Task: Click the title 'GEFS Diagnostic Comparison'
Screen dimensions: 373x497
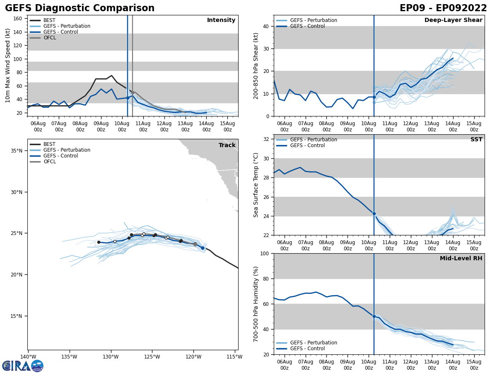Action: tap(80, 8)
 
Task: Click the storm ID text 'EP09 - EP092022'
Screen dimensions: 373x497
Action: tap(443, 8)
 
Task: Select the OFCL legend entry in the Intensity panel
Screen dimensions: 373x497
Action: tap(50, 38)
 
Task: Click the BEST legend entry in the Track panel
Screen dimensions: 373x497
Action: tap(49, 144)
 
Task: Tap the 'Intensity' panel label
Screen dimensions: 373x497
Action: tap(221, 20)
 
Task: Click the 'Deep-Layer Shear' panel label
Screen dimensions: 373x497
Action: tap(453, 20)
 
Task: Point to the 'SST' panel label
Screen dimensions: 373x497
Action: tap(476, 140)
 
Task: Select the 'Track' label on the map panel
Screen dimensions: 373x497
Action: tap(227, 145)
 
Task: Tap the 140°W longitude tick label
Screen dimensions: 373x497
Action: tap(28, 356)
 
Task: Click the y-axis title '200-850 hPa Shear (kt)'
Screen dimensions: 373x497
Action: tap(256, 65)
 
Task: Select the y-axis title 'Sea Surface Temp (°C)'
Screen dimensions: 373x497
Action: tap(256, 185)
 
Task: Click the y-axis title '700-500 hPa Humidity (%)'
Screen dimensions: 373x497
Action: tap(256, 304)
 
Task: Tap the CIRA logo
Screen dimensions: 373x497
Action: tap(23, 366)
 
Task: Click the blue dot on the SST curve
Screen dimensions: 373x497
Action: tap(374, 213)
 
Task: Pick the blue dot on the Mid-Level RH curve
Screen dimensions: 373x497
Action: tap(374, 316)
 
